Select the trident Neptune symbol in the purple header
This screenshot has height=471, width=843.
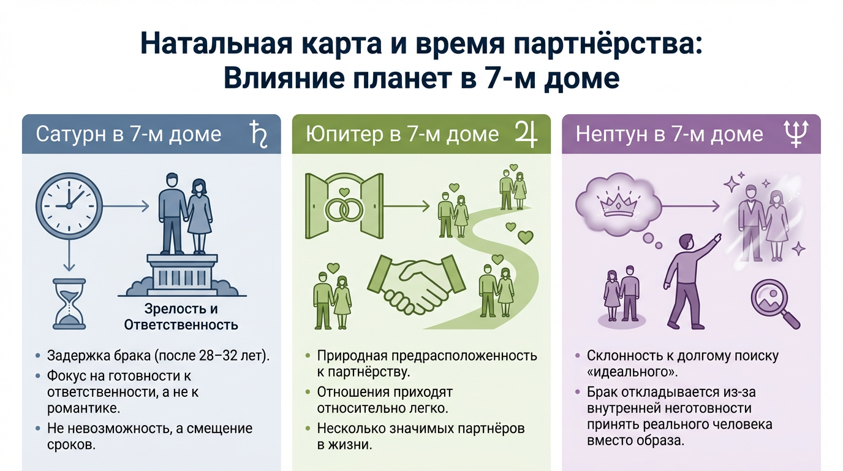(x=796, y=133)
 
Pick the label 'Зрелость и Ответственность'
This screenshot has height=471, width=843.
(x=181, y=316)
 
